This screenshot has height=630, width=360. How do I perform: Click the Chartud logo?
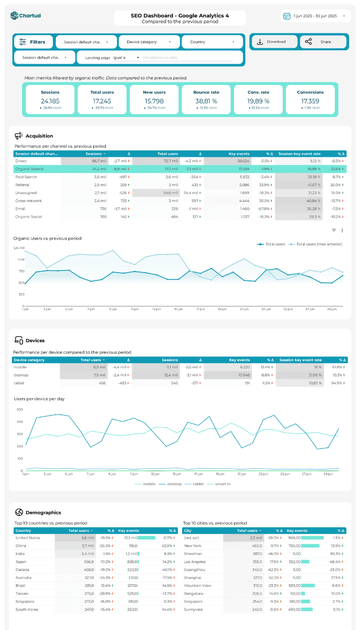26,16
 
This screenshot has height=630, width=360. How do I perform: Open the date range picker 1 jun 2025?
315,16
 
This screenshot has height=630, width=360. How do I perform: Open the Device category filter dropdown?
149,42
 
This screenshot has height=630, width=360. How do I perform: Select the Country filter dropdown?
212,42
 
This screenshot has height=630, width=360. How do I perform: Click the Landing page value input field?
187,58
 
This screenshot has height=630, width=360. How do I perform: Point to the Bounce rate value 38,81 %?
206,101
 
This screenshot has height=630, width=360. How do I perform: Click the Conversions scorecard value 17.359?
310,101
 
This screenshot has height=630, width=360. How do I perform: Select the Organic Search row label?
30,169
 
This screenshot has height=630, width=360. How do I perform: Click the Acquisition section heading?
39,136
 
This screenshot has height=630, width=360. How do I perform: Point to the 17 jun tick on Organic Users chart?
201,309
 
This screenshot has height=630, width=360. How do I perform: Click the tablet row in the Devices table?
19,383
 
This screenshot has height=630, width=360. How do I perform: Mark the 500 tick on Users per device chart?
20,409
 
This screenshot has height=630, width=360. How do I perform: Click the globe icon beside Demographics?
19,512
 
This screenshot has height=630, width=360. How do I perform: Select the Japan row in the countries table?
21,562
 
